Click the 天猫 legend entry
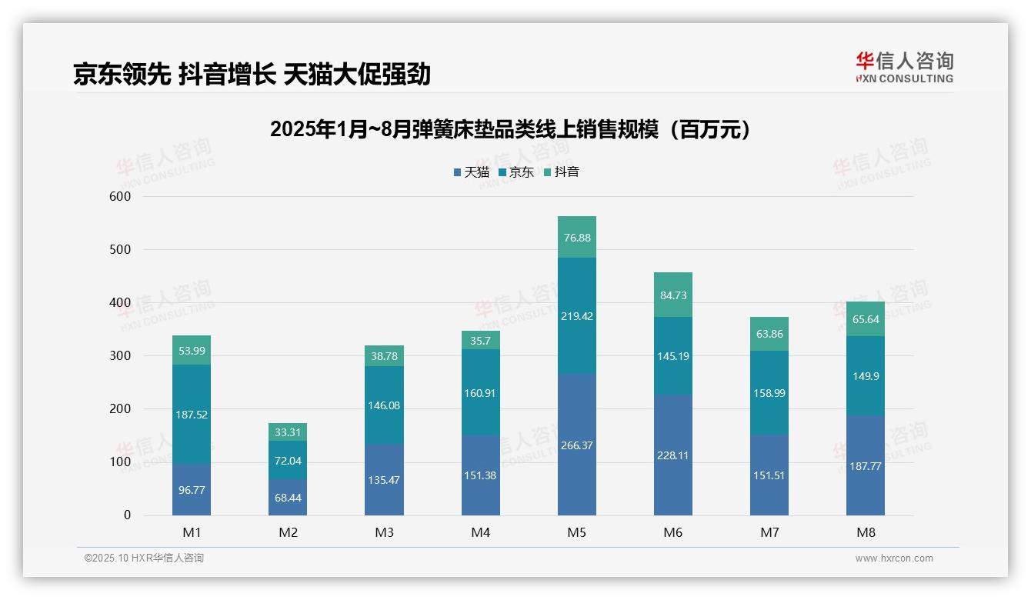(472, 172)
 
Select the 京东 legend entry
(516, 172)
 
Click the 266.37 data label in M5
(576, 446)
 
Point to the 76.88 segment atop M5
(576, 238)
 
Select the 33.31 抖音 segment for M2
(288, 432)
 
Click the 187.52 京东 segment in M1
(192, 415)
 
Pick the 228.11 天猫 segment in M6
(672, 455)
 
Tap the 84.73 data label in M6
(672, 295)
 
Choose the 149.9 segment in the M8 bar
(865, 376)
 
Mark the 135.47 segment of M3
(384, 480)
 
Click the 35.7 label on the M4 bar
(480, 341)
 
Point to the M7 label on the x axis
(769, 532)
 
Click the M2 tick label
(288, 532)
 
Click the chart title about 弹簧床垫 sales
(510, 129)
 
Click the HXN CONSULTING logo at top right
(904, 68)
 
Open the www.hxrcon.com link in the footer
(894, 558)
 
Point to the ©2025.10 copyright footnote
(144, 558)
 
